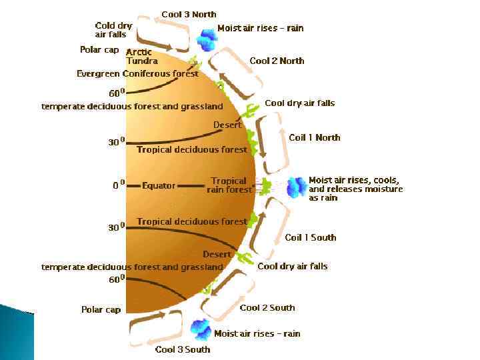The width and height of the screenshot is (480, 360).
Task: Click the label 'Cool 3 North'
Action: (x=190, y=14)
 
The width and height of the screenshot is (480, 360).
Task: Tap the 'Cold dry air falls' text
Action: (x=113, y=30)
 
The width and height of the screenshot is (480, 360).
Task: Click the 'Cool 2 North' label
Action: (x=277, y=61)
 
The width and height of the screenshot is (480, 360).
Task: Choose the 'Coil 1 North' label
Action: (x=314, y=137)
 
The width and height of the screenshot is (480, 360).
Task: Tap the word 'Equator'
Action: (x=159, y=186)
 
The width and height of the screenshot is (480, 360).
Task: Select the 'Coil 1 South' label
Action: (x=310, y=237)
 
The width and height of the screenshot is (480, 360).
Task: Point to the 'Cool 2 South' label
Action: (x=267, y=307)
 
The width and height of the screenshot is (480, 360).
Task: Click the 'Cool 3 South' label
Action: (x=182, y=349)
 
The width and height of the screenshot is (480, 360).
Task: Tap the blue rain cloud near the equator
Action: (x=295, y=187)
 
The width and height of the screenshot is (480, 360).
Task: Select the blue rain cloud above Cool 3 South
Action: (x=200, y=328)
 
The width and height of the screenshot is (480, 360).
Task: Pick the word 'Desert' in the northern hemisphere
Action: (x=227, y=125)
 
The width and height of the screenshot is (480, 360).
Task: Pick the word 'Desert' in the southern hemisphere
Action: (x=217, y=254)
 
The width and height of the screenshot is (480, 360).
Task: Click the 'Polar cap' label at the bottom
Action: (x=101, y=309)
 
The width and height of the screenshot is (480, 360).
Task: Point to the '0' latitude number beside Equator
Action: (x=115, y=186)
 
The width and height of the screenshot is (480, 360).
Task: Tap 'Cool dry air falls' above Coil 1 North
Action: (x=299, y=103)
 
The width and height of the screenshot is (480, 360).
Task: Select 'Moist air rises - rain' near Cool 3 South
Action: (x=257, y=333)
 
